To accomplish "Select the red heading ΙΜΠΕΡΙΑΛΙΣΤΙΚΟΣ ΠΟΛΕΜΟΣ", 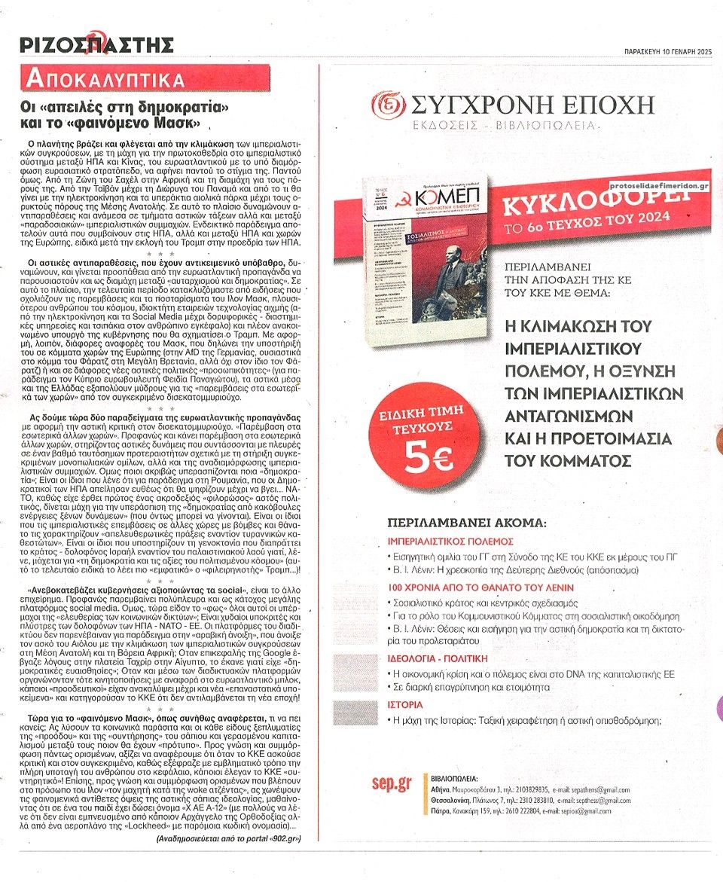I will point(450,541).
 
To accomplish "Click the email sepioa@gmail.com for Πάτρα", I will point(584,810).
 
